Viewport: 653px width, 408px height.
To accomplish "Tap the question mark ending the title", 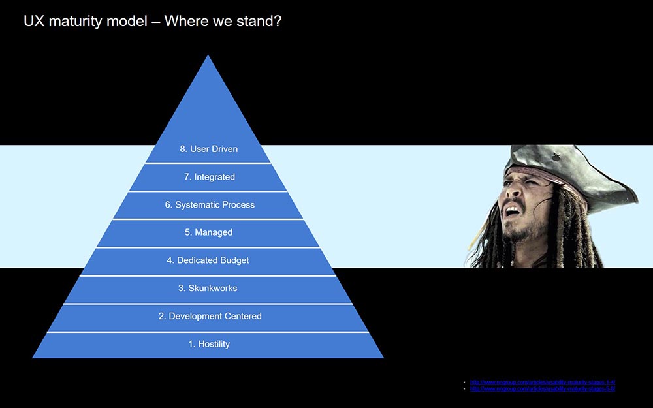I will (277, 21).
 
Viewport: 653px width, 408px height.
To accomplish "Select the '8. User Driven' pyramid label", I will (209, 149).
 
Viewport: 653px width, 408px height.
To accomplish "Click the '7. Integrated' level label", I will (209, 177).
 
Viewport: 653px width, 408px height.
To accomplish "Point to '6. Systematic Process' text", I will (209, 205).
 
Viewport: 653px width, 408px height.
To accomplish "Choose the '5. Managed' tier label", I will (209, 232).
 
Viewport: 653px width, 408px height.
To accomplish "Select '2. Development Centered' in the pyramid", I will (209, 316).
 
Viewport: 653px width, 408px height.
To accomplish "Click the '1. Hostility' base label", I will (209, 344).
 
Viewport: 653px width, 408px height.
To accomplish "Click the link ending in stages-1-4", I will (543, 382).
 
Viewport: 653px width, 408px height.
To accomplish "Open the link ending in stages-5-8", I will (543, 389).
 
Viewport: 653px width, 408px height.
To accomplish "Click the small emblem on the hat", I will (556, 157).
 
